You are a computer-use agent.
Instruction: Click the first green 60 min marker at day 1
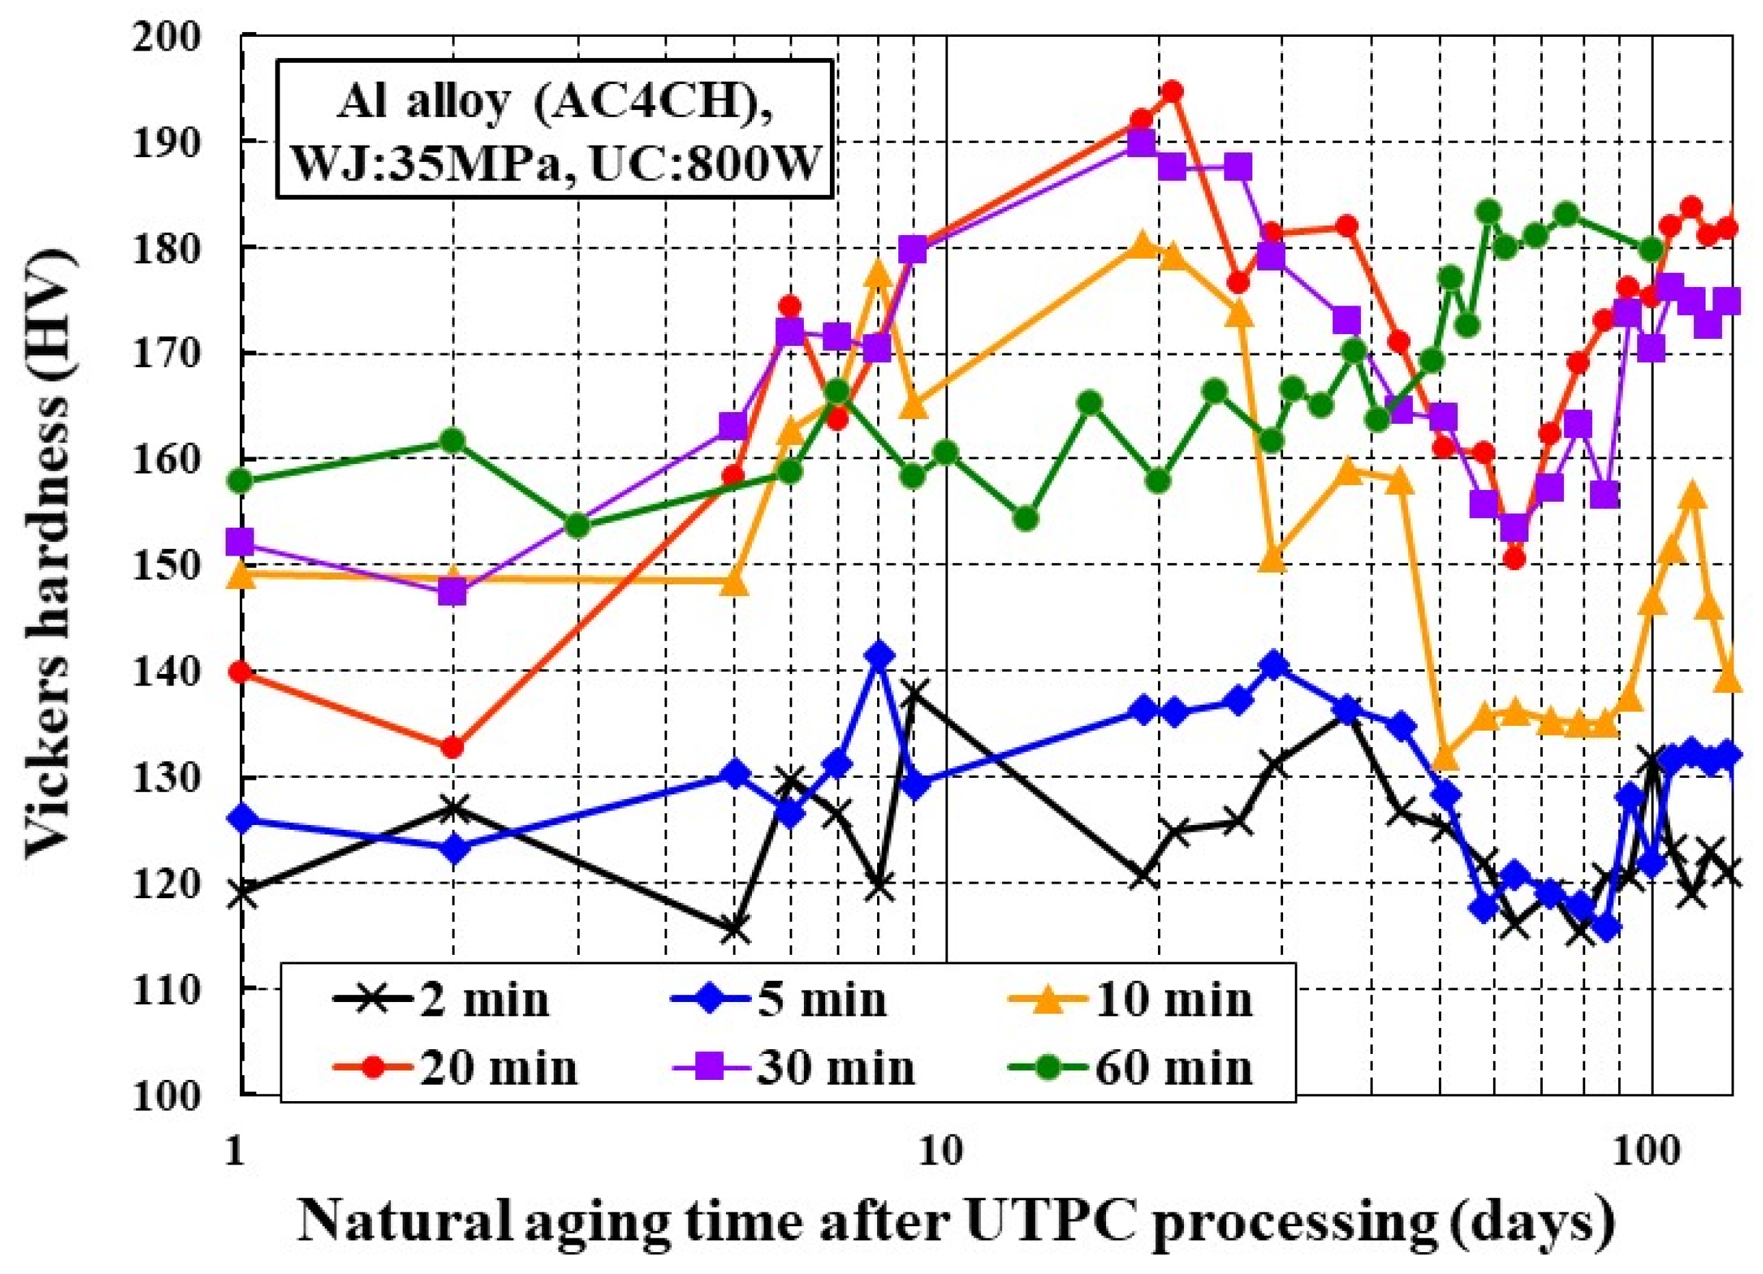pyautogui.click(x=242, y=481)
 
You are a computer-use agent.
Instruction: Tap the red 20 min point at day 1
pyautogui.click(x=242, y=673)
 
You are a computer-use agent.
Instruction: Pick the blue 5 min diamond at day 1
pyautogui.click(x=242, y=819)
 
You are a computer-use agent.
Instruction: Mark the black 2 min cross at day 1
pyautogui.click(x=242, y=893)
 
